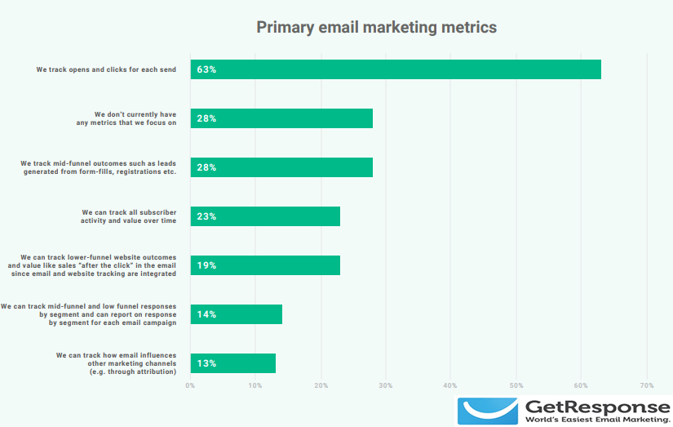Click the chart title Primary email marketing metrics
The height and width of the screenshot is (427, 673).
click(376, 27)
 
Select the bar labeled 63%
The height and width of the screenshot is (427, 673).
click(396, 69)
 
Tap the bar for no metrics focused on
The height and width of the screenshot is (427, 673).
click(281, 118)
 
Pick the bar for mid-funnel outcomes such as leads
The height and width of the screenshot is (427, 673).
click(281, 167)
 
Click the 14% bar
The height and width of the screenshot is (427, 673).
click(237, 314)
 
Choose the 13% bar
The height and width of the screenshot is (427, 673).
click(233, 363)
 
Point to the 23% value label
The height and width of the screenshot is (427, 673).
click(206, 216)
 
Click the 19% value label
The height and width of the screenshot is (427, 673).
click(206, 265)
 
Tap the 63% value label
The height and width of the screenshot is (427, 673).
click(206, 69)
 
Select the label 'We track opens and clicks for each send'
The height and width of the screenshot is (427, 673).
click(106, 69)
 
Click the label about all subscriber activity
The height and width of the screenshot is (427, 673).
click(128, 216)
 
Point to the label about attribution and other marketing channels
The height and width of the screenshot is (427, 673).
click(116, 363)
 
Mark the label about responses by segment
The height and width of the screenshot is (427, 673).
click(89, 314)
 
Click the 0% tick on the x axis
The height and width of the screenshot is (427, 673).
click(190, 385)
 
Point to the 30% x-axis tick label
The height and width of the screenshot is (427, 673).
click(386, 385)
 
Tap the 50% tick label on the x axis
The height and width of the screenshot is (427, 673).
click(516, 385)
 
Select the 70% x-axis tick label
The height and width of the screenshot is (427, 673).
click(647, 385)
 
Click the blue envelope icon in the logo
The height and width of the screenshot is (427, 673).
click(488, 411)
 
